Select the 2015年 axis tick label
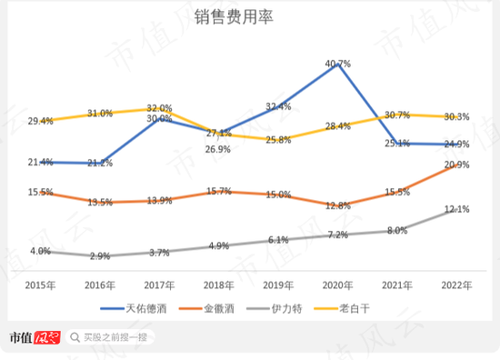click(40, 285)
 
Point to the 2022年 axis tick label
click(456, 285)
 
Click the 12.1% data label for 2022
click(456, 210)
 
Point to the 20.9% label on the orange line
click(456, 165)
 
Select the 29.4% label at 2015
click(40, 121)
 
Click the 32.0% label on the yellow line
click(159, 107)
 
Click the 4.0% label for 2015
click(40, 250)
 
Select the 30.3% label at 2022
click(456, 116)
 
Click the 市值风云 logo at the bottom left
click(34, 338)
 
